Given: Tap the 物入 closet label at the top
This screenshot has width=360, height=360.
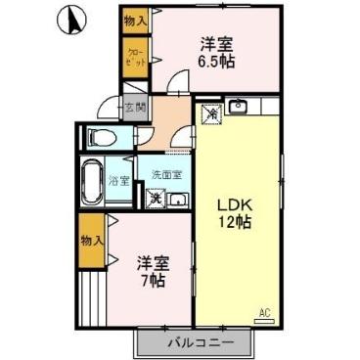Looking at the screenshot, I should tap(135, 20).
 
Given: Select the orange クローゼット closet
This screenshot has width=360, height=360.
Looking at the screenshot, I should tap(135, 55).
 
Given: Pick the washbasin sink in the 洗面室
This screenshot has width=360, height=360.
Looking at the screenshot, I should tap(179, 201).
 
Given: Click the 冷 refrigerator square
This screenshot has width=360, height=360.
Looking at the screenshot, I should tap(212, 114).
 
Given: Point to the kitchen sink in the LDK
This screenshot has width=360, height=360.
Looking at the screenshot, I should tap(242, 107).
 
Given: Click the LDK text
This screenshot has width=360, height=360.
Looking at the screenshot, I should tap(236, 203).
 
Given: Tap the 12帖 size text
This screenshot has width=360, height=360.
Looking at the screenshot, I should tap(235, 222).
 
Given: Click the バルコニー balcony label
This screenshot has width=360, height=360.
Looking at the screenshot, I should tap(199, 343).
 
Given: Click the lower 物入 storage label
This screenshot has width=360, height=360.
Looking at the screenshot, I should tap(91, 239).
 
